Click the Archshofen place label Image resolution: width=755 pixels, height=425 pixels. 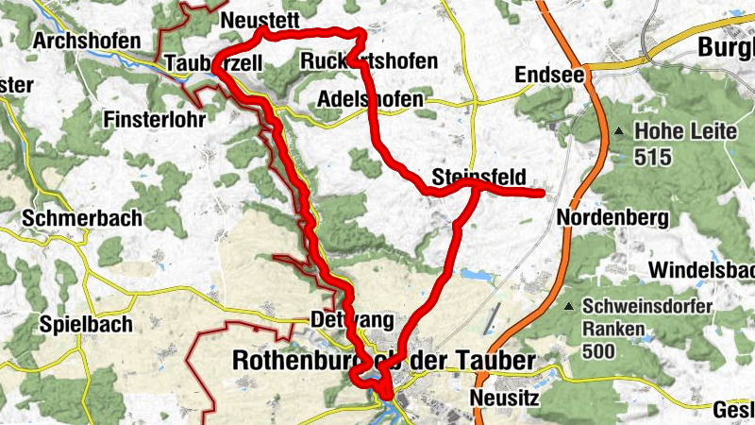[x=86, y=42]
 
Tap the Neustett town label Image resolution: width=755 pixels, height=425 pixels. [x=256, y=20]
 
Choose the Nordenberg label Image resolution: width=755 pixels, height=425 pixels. [x=612, y=218]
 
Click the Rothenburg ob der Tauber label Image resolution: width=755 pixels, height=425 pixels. [x=383, y=361]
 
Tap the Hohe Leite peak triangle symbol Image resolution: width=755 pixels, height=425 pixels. [x=619, y=131]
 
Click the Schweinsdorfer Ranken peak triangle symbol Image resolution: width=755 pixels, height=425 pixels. [x=569, y=307]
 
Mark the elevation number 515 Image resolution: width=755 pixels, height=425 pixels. [x=652, y=156]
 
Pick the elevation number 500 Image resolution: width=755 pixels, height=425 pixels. [x=599, y=352]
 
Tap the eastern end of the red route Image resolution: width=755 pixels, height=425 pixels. [x=542, y=194]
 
